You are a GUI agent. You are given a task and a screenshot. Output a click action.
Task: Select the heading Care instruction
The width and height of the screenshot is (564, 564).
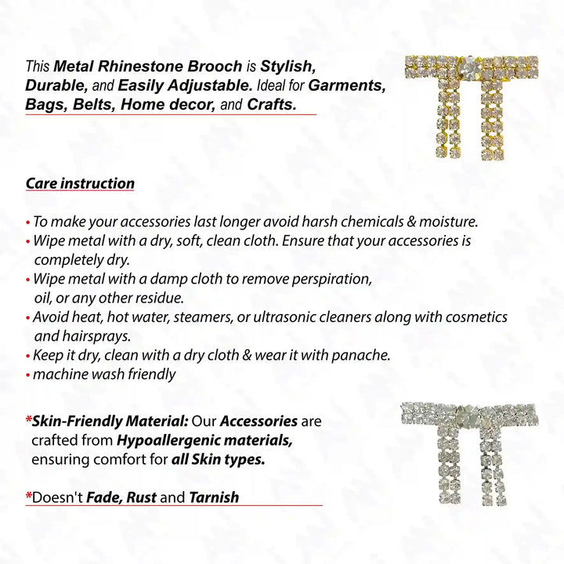(80, 183)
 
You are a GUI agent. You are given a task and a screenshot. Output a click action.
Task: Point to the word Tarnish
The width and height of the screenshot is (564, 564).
(214, 497)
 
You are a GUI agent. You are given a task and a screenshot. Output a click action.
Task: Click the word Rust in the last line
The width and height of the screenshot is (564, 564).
(143, 497)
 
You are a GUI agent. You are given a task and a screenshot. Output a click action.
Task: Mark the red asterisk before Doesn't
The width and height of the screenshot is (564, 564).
(29, 497)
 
